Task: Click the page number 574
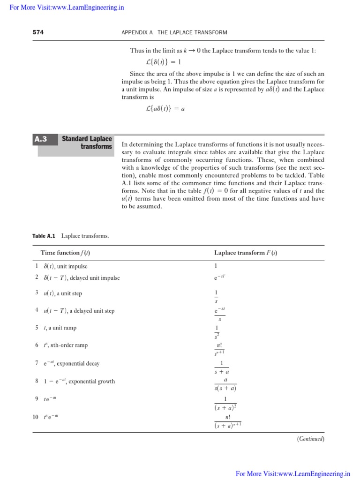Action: pyautogui.click(x=37, y=32)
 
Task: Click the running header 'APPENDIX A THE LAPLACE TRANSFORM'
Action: pyautogui.click(x=174, y=32)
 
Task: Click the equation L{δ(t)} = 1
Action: pyautogui.click(x=164, y=62)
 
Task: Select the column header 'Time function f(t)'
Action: pyautogui.click(x=66, y=253)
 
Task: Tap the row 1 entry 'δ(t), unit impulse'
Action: pyautogui.click(x=65, y=266)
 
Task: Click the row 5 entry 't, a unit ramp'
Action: pyautogui.click(x=58, y=328)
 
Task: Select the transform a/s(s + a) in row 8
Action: pyautogui.click(x=225, y=384)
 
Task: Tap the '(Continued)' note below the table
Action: pyautogui.click(x=310, y=439)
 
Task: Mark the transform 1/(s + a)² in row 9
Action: pyautogui.click(x=225, y=403)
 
